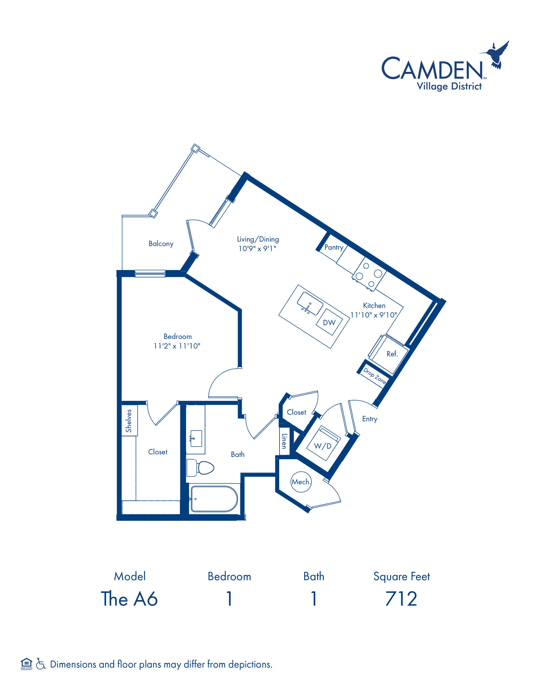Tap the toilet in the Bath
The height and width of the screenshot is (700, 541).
coord(200,468)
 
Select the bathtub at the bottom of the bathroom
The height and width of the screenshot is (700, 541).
coord(214,499)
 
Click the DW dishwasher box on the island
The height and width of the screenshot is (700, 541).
coord(329,322)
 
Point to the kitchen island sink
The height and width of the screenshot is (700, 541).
coord(310,303)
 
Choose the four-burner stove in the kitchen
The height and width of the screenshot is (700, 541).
coord(369,274)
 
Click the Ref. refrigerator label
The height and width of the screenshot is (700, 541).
coord(392,354)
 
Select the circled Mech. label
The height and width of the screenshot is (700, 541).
coord(301,482)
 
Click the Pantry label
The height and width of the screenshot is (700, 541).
coord(334,247)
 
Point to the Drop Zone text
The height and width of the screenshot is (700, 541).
coord(374,376)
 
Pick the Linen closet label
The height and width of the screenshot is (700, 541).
coord(284,441)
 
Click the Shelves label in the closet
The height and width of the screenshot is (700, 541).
coord(129,421)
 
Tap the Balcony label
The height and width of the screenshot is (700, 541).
coord(161,243)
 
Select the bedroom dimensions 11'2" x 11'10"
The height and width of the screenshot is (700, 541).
coord(177,346)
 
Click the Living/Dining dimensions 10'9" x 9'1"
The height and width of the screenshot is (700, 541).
coord(257,248)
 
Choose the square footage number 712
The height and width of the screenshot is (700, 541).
coord(401,599)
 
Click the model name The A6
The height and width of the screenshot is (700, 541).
coord(129,599)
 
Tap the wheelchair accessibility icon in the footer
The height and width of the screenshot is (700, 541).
coord(41,663)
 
